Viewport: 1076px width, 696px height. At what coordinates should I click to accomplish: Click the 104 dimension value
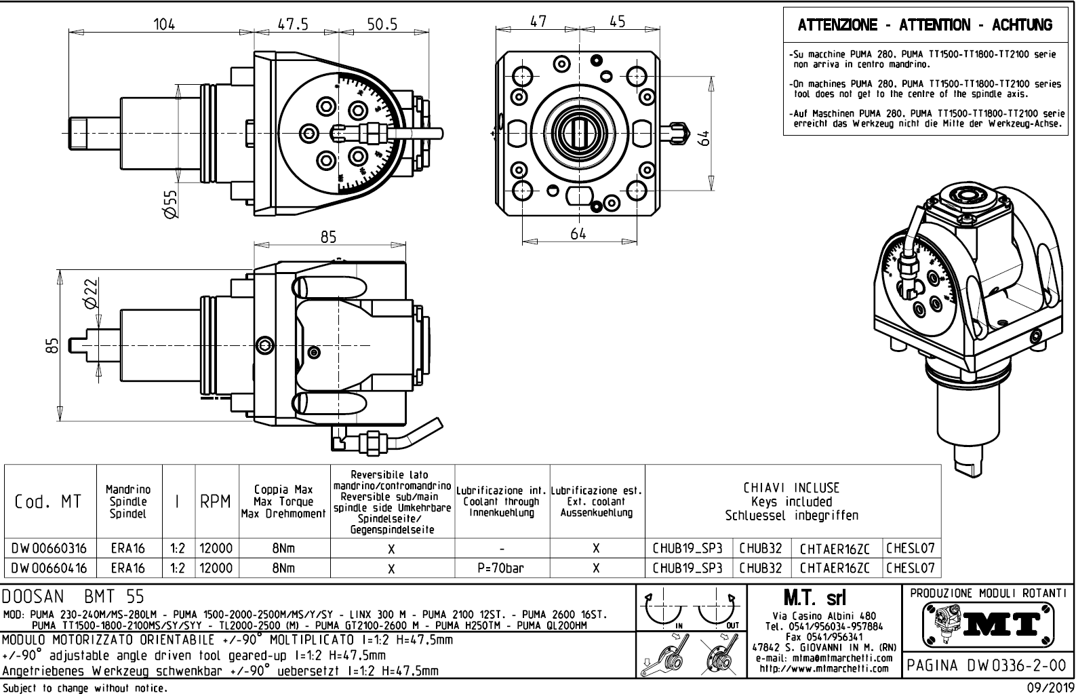click(x=163, y=24)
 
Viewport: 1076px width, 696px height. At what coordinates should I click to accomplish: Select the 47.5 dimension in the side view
click(x=292, y=24)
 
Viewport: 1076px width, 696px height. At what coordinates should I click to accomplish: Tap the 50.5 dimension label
click(x=382, y=24)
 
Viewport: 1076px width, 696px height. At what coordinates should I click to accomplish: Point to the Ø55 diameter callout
click(x=171, y=203)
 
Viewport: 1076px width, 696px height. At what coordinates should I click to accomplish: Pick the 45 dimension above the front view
click(x=617, y=22)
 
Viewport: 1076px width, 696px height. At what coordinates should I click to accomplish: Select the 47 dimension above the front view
click(x=538, y=22)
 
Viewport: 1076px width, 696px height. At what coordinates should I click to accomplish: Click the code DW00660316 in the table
click(x=49, y=548)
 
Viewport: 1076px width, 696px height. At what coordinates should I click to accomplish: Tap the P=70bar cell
click(x=502, y=568)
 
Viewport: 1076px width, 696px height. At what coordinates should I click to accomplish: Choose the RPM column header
click(x=215, y=502)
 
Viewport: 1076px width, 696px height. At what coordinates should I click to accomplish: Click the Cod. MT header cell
click(x=48, y=502)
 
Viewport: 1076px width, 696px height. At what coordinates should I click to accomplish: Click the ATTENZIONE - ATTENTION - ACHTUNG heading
click(x=925, y=26)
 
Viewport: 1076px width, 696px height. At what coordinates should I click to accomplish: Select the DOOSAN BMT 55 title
click(x=73, y=597)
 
